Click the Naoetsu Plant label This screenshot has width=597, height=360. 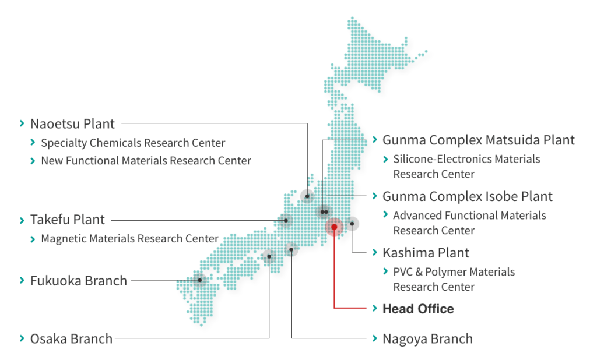coord(72,123)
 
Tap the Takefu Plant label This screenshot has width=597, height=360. coord(67,220)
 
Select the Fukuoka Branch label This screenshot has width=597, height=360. coord(78,281)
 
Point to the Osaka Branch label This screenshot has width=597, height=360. coord(71,338)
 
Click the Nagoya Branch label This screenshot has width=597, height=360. coord(427,339)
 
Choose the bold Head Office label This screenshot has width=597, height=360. coord(417,309)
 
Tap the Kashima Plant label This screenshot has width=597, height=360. coord(426,253)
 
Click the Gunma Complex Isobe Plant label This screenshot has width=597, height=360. coord(467,197)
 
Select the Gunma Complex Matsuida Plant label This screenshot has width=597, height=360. coord(478,140)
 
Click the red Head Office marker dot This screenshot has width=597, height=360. coord(334,227)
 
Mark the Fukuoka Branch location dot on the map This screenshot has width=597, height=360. coord(199,280)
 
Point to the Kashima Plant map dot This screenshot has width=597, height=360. coord(352,223)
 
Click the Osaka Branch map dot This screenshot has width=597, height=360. coord(269,256)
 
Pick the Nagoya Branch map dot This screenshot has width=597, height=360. coord(291,250)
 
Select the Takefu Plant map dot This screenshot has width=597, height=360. coord(286,221)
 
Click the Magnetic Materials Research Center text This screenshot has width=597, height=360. coord(129,239)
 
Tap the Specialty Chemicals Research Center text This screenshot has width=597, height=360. coord(133,143)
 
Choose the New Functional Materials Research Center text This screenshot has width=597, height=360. coord(146,161)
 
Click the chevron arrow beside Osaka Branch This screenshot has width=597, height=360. coord(22,338)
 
